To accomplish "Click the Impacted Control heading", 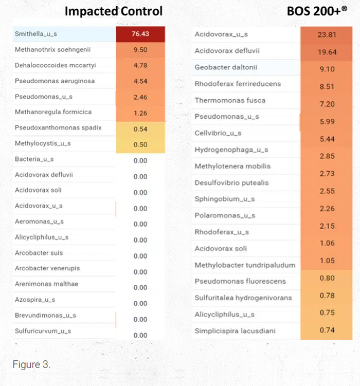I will pyautogui.click(x=113, y=11).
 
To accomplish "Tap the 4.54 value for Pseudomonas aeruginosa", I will pyautogui.click(x=140, y=81).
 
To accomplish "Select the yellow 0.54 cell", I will pyautogui.click(x=140, y=129).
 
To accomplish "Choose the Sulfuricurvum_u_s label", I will pyautogui.click(x=43, y=331).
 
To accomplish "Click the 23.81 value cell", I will pyautogui.click(x=327, y=35).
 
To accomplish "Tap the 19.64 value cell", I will pyautogui.click(x=327, y=52).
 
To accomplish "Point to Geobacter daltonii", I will pyautogui.click(x=226, y=67).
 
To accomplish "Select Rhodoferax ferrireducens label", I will pyautogui.click(x=238, y=84).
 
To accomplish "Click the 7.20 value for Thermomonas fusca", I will pyautogui.click(x=327, y=104).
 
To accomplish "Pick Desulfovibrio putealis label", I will pyautogui.click(x=231, y=182).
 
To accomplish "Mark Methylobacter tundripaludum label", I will pyautogui.click(x=245, y=265).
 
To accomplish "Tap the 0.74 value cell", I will pyautogui.click(x=327, y=330).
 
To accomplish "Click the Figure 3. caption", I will pyautogui.click(x=31, y=364).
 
